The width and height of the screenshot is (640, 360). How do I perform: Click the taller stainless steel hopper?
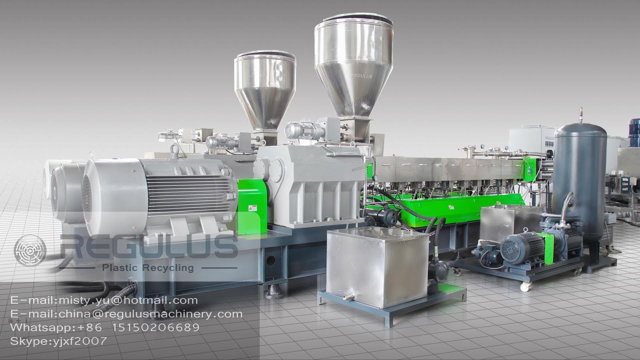[353, 65]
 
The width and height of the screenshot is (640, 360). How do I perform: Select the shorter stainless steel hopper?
[264, 87]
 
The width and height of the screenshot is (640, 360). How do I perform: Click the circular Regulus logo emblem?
[30, 250]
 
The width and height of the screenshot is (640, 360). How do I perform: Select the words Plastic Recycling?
[147, 268]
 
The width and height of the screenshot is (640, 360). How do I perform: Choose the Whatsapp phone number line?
[104, 327]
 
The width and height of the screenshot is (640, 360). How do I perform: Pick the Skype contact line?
[58, 341]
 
